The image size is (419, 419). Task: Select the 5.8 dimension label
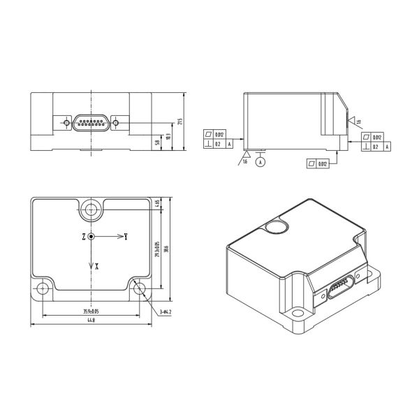[157, 142]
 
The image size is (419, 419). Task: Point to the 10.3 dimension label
[168, 136]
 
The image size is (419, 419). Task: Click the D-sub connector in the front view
[91, 123]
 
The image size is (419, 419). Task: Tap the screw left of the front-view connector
[66, 123]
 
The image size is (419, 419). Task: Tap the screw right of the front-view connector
[115, 123]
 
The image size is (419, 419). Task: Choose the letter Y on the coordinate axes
[126, 237]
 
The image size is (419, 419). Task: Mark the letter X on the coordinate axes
[96, 266]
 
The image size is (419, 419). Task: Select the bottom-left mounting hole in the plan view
[44, 288]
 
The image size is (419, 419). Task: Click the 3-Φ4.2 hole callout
[166, 311]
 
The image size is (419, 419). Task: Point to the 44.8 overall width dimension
[91, 321]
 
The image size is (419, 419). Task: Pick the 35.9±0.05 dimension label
[91, 311]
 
